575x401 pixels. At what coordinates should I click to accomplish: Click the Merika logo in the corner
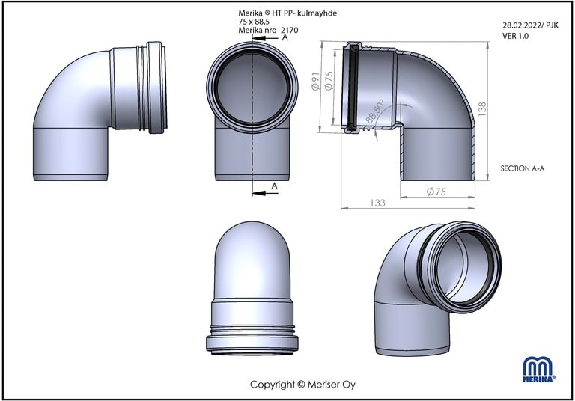539,369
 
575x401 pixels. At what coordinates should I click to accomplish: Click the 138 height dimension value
482,109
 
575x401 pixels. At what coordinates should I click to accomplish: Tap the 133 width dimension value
377,203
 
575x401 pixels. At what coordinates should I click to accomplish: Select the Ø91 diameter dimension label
316,81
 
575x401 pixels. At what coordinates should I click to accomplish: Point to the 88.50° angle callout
374,111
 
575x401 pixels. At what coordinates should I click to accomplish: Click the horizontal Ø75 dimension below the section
436,192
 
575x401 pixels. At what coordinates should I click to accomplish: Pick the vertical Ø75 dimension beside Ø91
329,81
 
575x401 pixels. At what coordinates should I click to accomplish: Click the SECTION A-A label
523,168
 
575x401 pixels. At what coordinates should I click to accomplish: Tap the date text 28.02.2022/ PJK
530,25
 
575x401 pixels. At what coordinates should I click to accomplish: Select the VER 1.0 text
515,36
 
